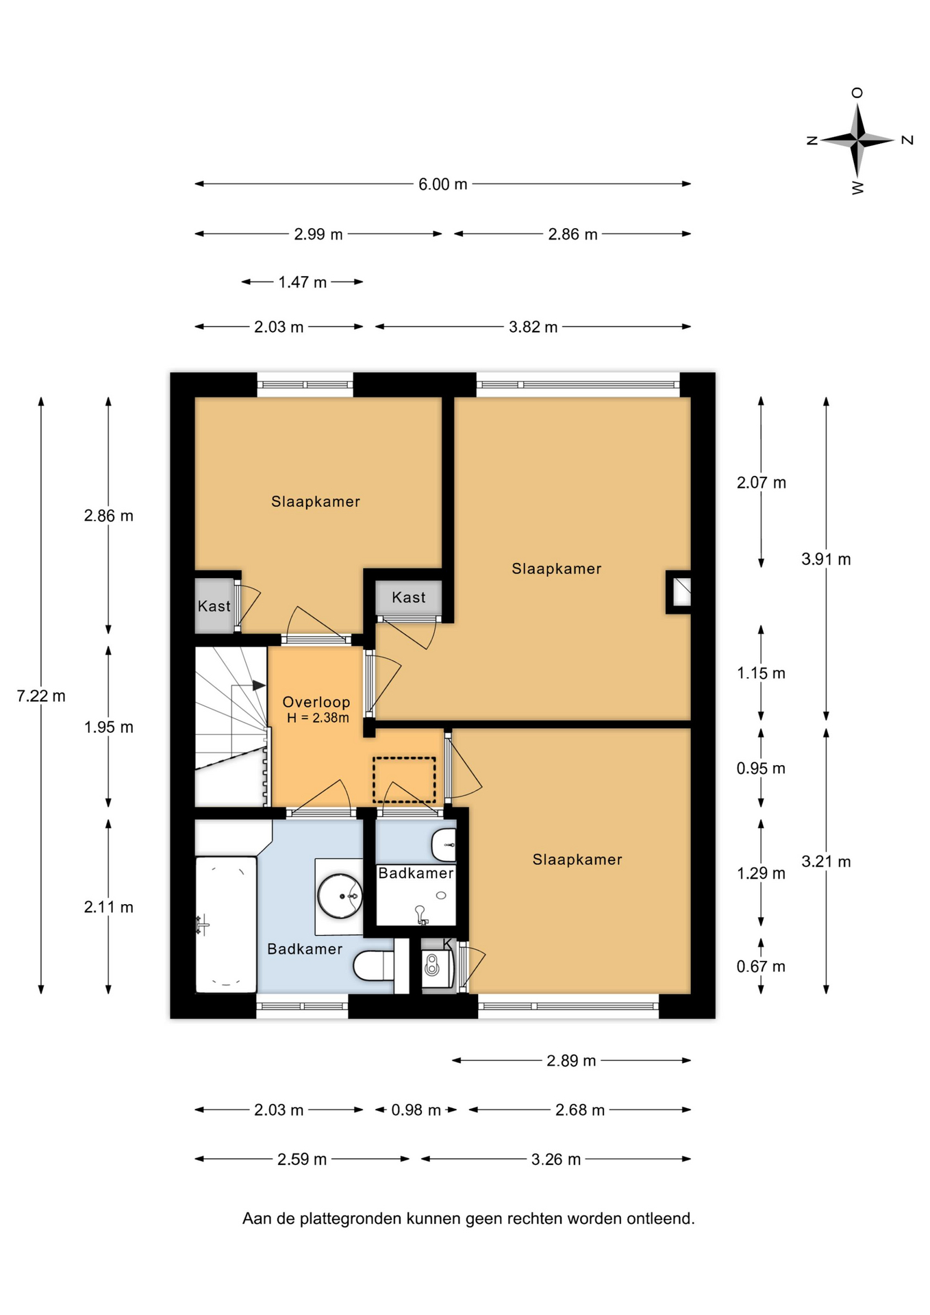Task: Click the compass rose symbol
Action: pos(857,140)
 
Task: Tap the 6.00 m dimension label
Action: pos(442,184)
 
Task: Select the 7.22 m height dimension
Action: pos(41,696)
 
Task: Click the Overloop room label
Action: pos(316,702)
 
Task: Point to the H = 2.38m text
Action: pos(318,718)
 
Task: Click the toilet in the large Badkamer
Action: pos(373,966)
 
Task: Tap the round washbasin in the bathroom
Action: pos(340,896)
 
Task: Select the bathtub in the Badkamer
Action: pos(226,924)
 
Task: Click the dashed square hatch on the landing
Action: pos(404,780)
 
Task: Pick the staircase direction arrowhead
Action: pos(259,685)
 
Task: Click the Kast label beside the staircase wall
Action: pos(214,606)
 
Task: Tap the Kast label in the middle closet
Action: pos(409,597)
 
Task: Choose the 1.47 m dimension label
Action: pos(302,282)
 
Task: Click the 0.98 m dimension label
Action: pos(416,1110)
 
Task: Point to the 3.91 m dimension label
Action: pos(826,559)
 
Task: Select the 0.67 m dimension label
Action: pos(761,966)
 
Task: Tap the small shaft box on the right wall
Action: pos(679,592)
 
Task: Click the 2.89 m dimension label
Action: pos(571,1061)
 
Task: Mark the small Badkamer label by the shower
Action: pos(416,873)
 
